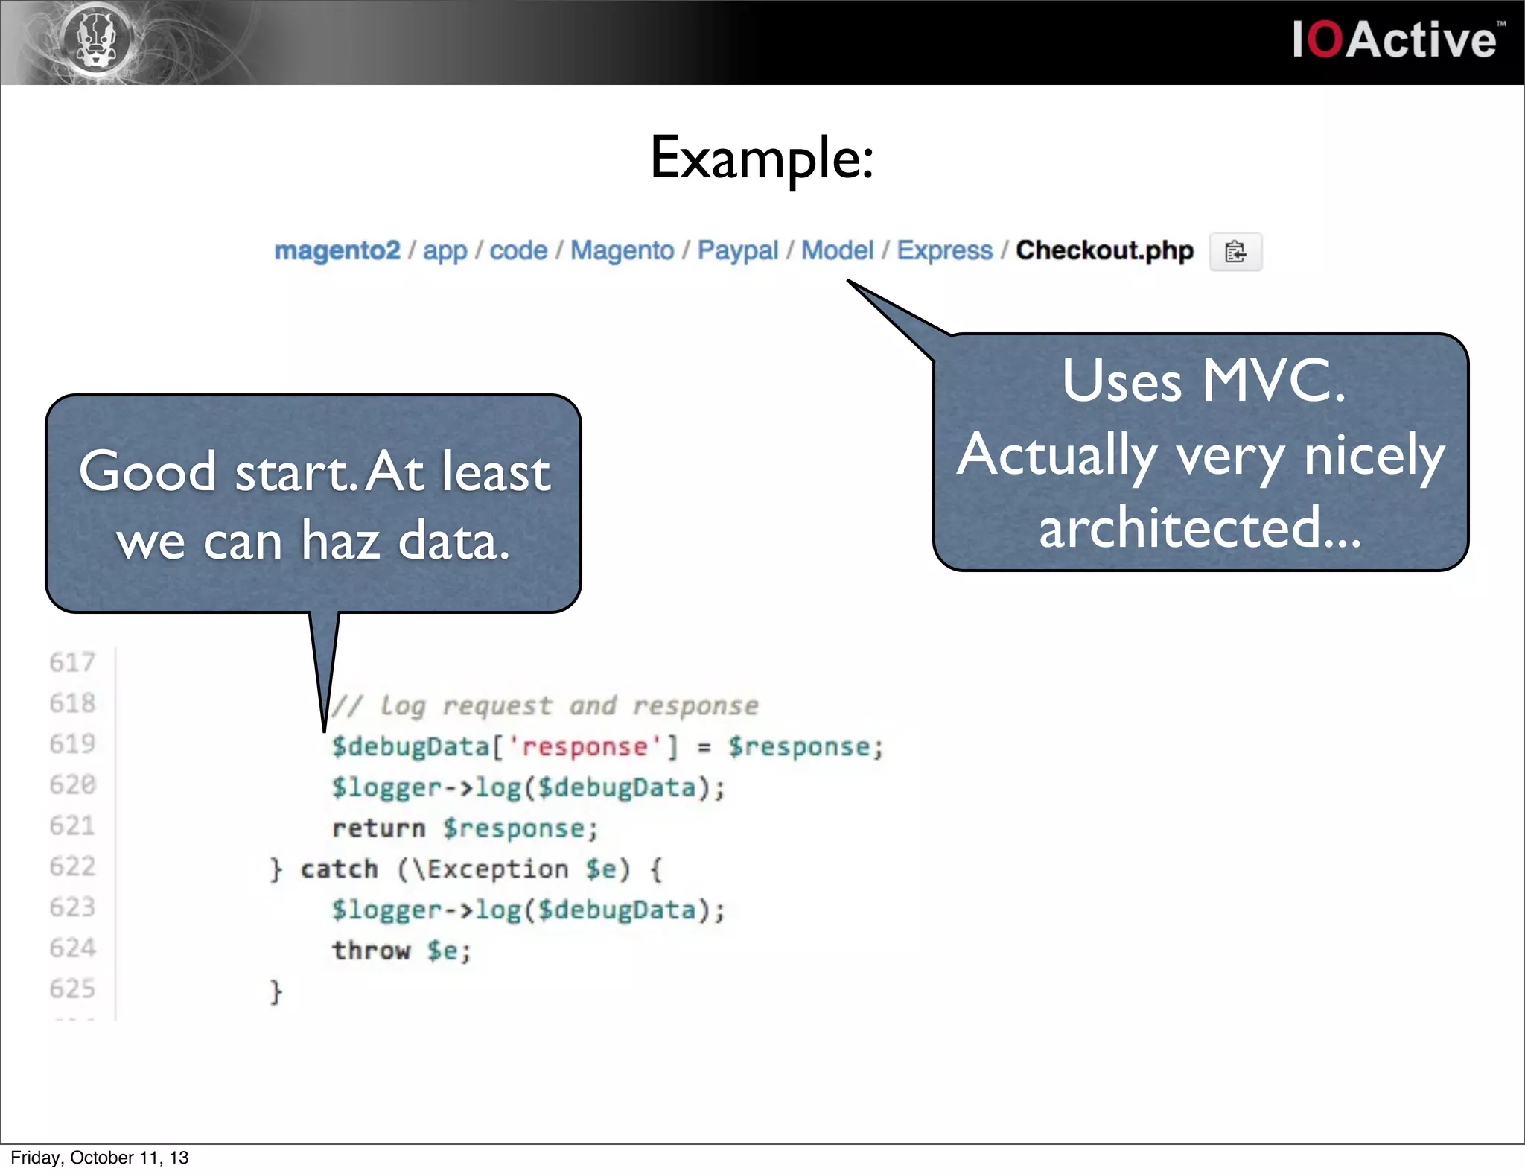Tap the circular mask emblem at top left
(x=98, y=38)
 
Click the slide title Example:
(x=762, y=158)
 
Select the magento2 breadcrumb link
(x=337, y=250)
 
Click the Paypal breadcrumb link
(x=737, y=250)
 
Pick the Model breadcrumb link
(x=837, y=250)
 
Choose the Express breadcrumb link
(x=944, y=250)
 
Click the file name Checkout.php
(x=1104, y=250)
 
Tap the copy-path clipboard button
(x=1235, y=252)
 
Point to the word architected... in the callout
(x=1200, y=527)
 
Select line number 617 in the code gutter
(x=72, y=662)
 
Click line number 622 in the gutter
(x=72, y=866)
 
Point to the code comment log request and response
(x=544, y=705)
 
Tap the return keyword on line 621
(x=378, y=828)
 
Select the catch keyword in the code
(x=339, y=869)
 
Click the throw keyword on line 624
(x=371, y=951)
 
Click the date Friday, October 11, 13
(x=100, y=1158)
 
